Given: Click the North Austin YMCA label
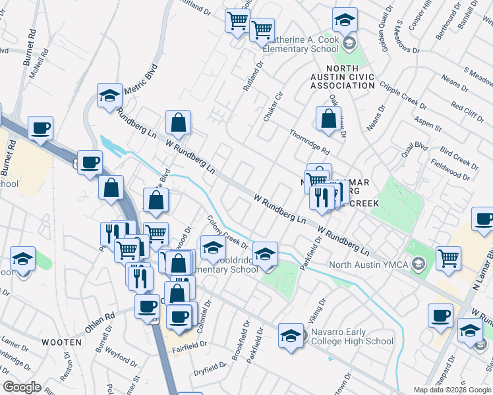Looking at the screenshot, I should (x=366, y=265).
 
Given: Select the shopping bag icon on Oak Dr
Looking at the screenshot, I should (x=328, y=119).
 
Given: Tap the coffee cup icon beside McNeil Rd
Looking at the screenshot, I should (x=40, y=128).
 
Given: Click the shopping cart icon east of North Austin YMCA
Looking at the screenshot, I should (x=448, y=258).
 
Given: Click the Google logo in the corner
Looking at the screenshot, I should (x=22, y=387).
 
